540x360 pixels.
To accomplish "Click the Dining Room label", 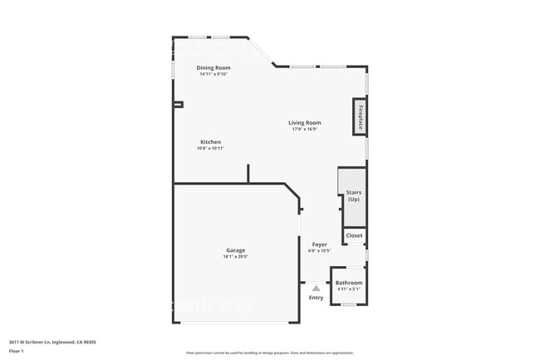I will click(x=214, y=67).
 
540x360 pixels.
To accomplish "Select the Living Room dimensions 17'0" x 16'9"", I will click(x=306, y=129).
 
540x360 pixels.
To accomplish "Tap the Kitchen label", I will click(x=210, y=142).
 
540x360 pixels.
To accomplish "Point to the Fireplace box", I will click(x=361, y=117).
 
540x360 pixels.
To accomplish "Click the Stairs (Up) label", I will click(x=354, y=195).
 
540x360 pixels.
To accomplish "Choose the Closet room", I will click(x=355, y=236).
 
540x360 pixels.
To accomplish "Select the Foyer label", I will click(x=319, y=244).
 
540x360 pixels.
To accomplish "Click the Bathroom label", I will click(x=349, y=283).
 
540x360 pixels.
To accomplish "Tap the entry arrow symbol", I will click(x=316, y=288).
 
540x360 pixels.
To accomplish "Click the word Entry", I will click(x=317, y=298).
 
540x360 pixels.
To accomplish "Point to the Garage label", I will click(x=236, y=250).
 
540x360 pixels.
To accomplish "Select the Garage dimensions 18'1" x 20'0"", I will click(x=236, y=257).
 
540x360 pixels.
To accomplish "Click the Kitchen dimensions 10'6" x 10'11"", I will click(x=210, y=149).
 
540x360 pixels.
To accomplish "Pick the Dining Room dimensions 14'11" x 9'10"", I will click(x=214, y=74).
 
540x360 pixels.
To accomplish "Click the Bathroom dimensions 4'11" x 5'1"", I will click(x=349, y=289).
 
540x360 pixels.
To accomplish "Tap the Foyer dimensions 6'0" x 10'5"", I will click(x=319, y=251).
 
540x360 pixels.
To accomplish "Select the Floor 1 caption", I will click(x=17, y=351).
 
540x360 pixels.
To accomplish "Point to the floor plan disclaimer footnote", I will click(x=270, y=351).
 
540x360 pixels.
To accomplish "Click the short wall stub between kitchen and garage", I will click(x=248, y=173).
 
